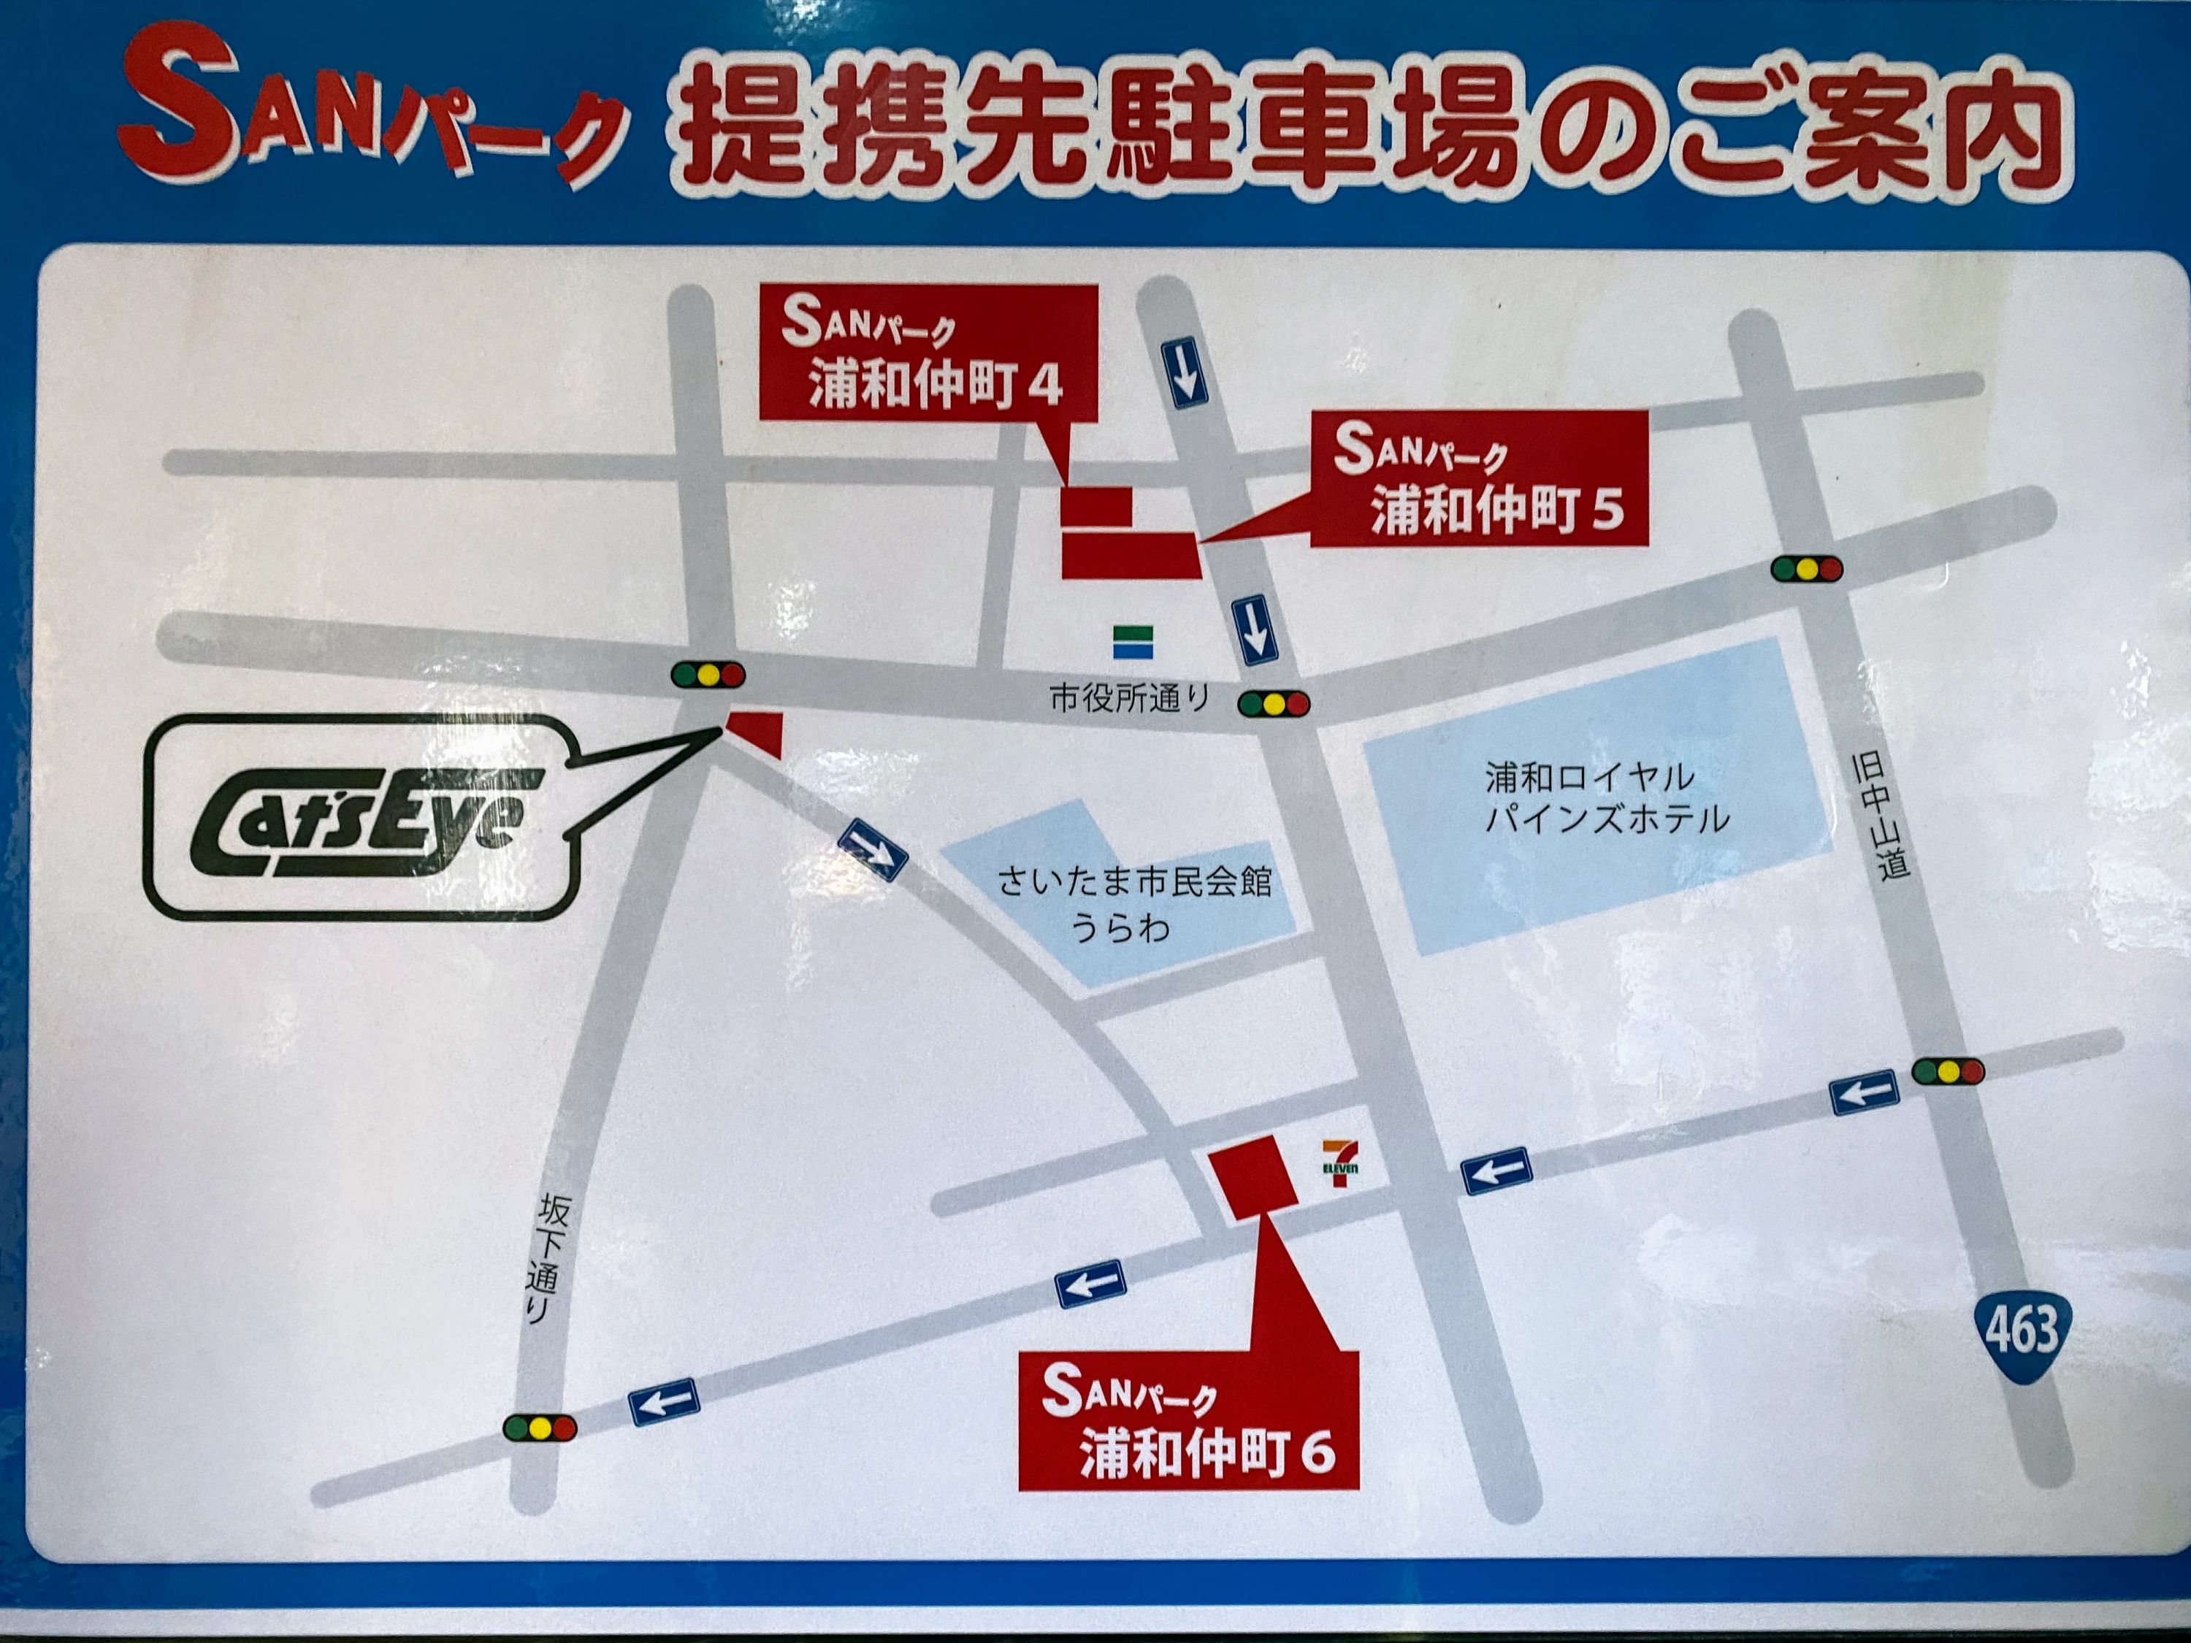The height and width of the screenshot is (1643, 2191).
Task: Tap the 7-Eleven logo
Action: click(x=1341, y=1164)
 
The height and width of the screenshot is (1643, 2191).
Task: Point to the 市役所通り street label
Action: click(x=1129, y=700)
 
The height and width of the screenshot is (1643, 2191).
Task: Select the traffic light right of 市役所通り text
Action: click(x=1273, y=704)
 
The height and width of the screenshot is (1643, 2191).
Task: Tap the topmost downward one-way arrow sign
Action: click(x=1185, y=372)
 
